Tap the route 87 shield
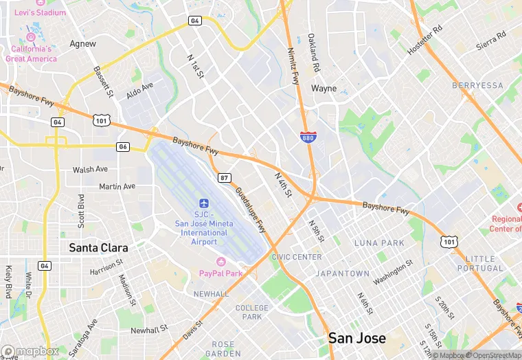224,178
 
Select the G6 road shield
123,147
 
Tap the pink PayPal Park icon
221,262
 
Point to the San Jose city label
356,338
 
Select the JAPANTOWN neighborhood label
342,273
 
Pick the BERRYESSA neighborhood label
477,85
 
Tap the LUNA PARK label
379,243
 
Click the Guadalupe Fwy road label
251,210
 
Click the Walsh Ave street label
91,169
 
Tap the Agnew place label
83,43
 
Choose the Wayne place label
324,89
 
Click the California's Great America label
31,54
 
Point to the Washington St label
393,273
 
